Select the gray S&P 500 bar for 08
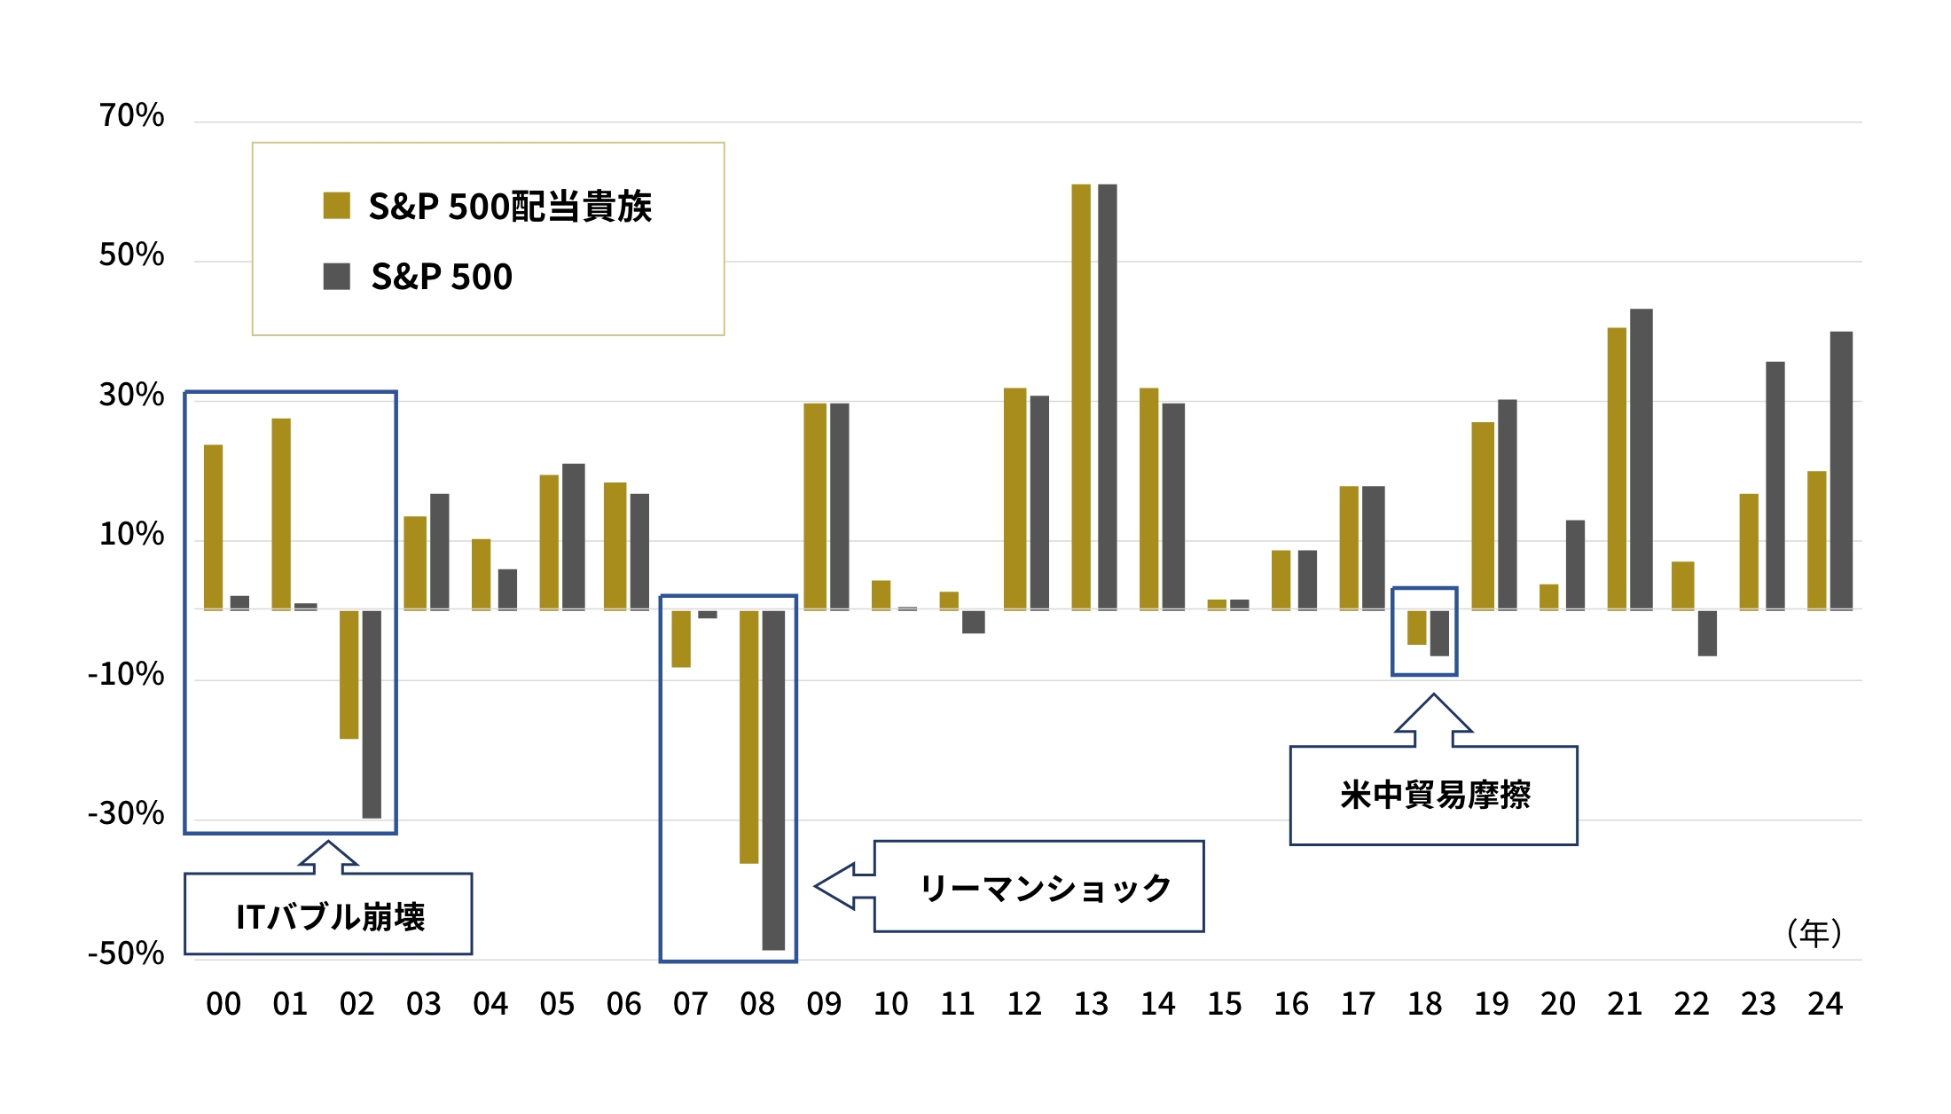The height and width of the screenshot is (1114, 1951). point(773,780)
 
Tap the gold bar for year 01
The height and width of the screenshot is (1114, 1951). point(281,514)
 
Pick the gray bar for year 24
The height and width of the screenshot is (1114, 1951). point(1841,470)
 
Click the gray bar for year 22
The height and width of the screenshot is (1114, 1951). point(1707,633)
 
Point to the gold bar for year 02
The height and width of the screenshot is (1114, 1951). point(349,674)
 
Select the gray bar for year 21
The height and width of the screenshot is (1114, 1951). point(1641,459)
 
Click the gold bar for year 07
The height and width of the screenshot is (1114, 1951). point(680,639)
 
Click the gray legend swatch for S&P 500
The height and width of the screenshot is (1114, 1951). point(336,276)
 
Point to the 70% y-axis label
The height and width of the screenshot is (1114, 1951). point(131,115)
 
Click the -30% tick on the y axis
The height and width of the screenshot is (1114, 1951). point(126,813)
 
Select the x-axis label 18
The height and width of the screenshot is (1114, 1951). point(1424,1004)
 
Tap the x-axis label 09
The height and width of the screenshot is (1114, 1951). point(824,1004)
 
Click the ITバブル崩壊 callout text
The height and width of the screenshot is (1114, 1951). point(330,916)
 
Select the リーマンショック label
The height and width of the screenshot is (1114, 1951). point(1045,887)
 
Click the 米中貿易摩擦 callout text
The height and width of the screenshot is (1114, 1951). point(1434,795)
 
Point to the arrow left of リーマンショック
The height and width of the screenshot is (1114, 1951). point(842,886)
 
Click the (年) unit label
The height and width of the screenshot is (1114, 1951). point(1814,933)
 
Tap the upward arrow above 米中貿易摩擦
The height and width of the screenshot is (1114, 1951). point(1433,718)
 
